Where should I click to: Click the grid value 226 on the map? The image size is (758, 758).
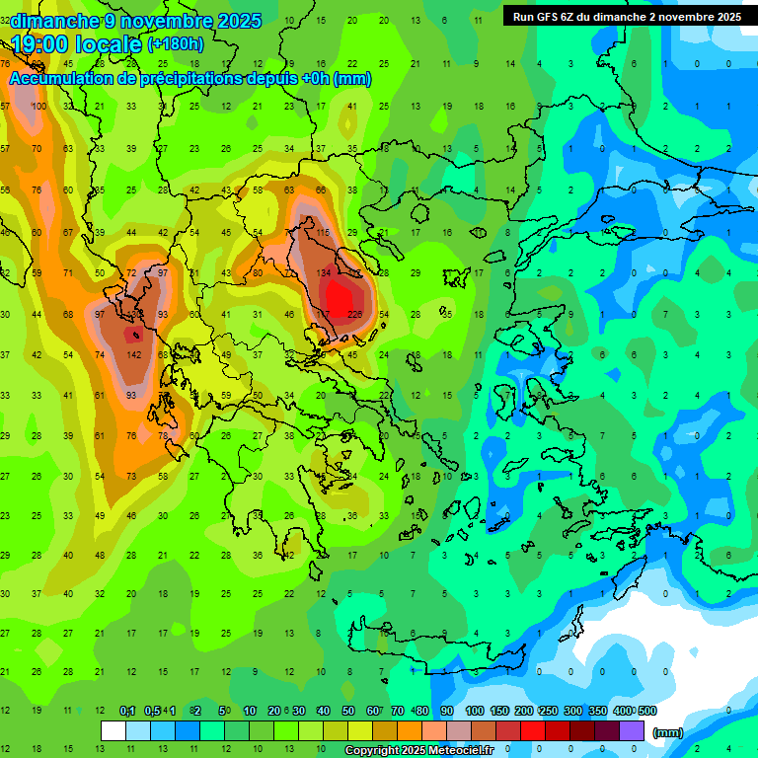[354, 315]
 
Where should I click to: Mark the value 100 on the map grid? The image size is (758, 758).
[39, 107]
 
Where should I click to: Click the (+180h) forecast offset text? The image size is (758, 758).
[176, 43]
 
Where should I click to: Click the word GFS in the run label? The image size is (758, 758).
[559, 16]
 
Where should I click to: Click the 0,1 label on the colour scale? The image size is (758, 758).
[127, 711]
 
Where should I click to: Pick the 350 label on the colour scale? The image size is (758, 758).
[597, 711]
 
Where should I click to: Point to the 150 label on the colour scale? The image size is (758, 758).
[499, 711]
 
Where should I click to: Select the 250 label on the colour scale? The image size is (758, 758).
[548, 711]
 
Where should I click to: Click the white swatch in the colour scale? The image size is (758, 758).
[113, 731]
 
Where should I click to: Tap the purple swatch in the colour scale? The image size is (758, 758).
[632, 731]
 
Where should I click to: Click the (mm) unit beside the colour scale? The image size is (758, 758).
[668, 732]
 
